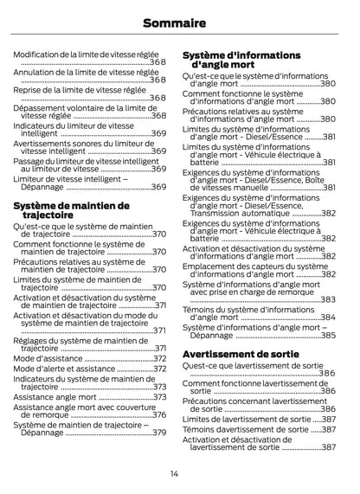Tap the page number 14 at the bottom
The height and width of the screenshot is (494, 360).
pyautogui.click(x=174, y=473)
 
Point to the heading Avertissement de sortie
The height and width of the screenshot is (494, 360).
pyautogui.click(x=241, y=354)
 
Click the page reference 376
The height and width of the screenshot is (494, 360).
pyautogui.click(x=159, y=415)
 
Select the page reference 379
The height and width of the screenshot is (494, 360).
pyautogui.click(x=159, y=433)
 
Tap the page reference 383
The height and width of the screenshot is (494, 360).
pyautogui.click(x=328, y=299)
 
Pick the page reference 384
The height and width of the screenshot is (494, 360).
pyautogui.click(x=328, y=317)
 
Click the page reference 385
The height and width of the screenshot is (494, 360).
pyautogui.click(x=328, y=335)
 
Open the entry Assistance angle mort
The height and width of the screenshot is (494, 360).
pyautogui.click(x=55, y=398)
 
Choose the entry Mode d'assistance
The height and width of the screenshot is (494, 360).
pyautogui.click(x=47, y=358)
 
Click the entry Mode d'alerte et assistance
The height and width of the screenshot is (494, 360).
pyautogui.click(x=64, y=369)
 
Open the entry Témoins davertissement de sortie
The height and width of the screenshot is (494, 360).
pyautogui.click(x=246, y=429)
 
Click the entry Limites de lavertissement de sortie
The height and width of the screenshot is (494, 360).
pyautogui.click(x=245, y=419)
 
